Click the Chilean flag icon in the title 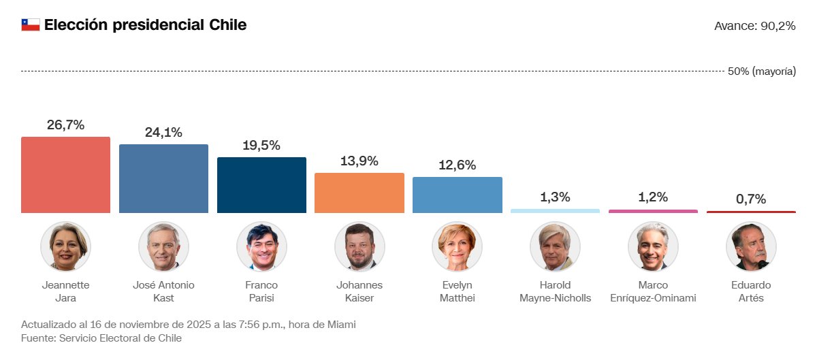point(31,25)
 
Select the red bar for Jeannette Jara point(65,175)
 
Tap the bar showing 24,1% point(163,178)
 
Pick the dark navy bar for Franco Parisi point(261,185)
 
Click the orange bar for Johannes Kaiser point(359,193)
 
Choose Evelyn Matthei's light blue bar point(458,195)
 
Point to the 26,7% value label point(65,125)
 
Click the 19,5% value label point(261,146)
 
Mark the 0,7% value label point(751,199)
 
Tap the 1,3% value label point(555,197)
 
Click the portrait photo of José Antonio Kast point(163,246)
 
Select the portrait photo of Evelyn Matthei point(458,246)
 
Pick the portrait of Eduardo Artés point(751,246)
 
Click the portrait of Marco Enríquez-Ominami point(653,246)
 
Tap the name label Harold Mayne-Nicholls point(555,291)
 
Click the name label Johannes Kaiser point(359,291)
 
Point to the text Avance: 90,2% point(754,26)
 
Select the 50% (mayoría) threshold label point(761,71)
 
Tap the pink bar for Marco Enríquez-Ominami point(653,211)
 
